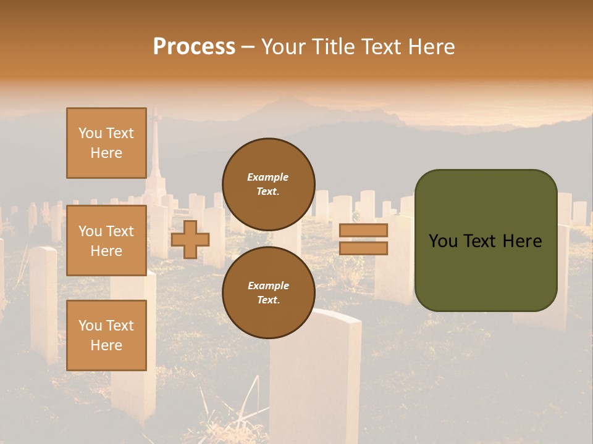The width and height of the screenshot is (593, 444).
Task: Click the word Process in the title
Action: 194,47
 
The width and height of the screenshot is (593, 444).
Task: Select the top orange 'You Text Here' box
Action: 106,143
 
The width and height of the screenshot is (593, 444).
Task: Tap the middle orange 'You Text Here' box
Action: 106,240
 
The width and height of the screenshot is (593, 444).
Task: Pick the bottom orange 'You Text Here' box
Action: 106,335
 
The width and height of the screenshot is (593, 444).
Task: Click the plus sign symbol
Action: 190,239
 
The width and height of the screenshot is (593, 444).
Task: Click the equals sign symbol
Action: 363,239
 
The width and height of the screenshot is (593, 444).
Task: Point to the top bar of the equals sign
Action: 363,231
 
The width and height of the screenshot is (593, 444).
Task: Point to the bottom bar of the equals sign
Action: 363,249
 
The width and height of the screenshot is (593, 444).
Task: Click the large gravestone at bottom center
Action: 315,376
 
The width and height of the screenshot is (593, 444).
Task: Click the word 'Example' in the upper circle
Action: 268,177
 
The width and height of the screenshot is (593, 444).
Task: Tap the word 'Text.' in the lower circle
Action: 268,300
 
